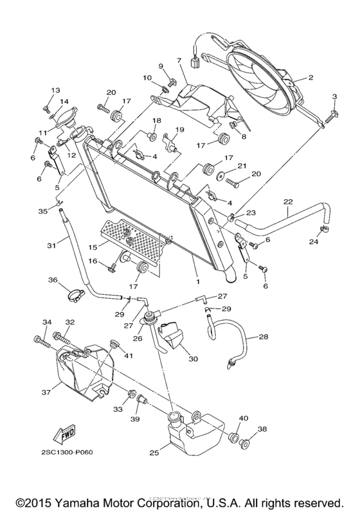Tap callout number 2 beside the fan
[x=310, y=78]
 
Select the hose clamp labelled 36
[x=75, y=298]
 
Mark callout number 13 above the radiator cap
[x=55, y=90]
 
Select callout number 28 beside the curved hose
[x=265, y=337]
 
